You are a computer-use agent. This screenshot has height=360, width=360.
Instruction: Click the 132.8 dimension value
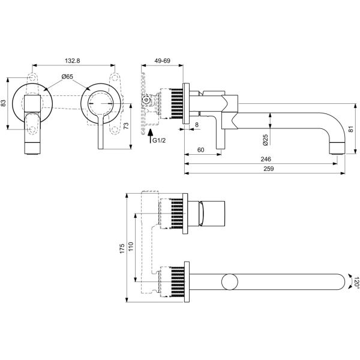click(73, 61)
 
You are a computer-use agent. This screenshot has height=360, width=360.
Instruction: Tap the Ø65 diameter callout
click(67, 76)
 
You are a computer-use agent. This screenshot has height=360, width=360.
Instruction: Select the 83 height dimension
click(4, 103)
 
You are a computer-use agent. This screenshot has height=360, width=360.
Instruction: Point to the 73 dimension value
click(126, 126)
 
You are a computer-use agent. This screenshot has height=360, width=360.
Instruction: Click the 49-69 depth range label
click(163, 61)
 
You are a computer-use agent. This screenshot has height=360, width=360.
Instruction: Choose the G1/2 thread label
click(159, 140)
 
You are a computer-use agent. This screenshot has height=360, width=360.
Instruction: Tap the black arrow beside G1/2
click(150, 136)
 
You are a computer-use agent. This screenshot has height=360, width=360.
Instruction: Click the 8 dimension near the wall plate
click(197, 125)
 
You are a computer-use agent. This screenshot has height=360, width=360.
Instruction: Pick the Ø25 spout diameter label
click(265, 140)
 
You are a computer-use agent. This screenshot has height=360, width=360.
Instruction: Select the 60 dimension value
click(200, 150)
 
